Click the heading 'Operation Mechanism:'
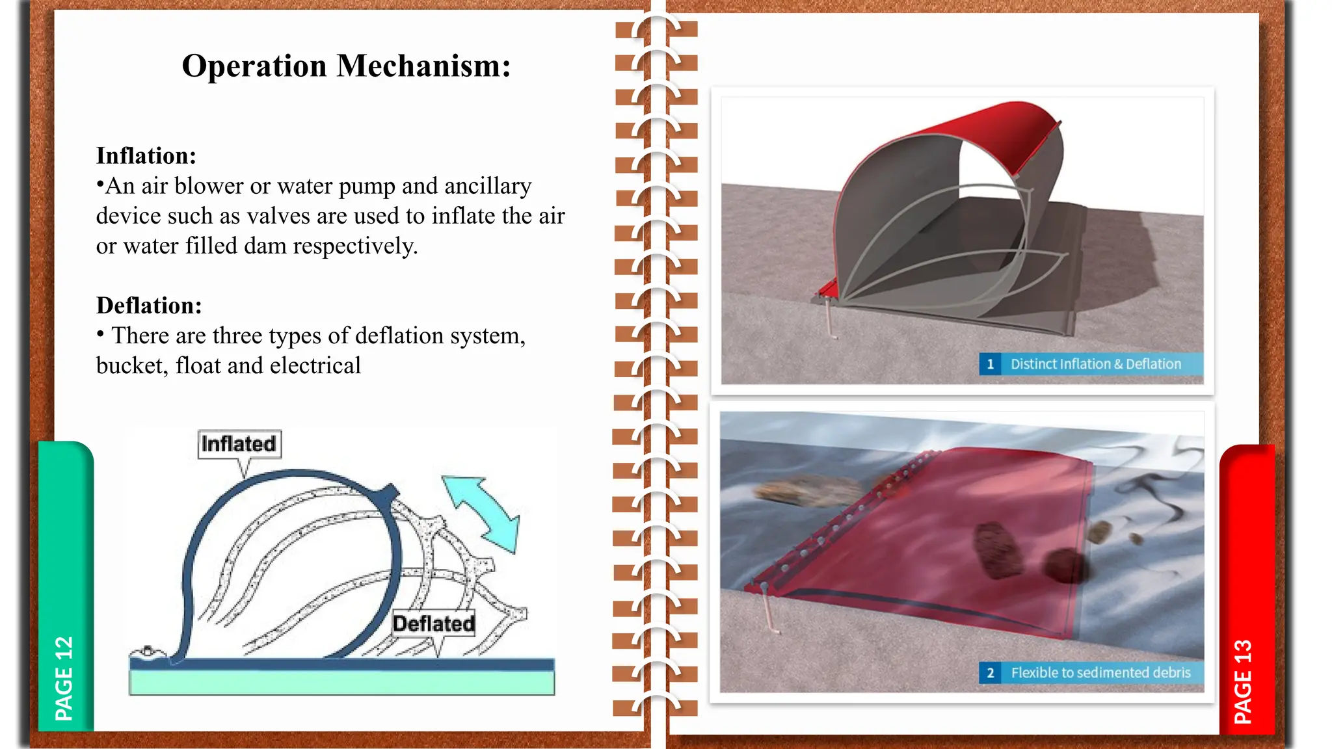coord(346,66)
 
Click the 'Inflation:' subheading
coord(146,156)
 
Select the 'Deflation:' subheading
coord(149,306)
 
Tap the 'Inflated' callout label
coord(239,444)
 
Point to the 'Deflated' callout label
coord(434,624)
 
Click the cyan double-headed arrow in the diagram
coord(482,514)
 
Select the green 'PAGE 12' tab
coord(65,585)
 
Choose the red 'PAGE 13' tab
coord(1245,585)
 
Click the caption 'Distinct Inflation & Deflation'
coord(1095,364)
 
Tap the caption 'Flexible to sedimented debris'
coord(1100,673)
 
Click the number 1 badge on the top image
coord(990,364)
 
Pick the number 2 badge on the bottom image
coord(990,673)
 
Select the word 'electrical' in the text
coord(315,366)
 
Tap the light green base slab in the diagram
coord(341,683)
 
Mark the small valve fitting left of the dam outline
coord(148,651)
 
